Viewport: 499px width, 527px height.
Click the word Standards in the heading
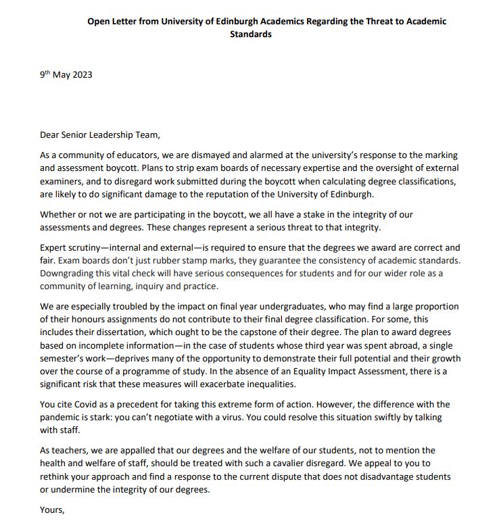click(x=251, y=34)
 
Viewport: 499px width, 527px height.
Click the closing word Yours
click(x=52, y=510)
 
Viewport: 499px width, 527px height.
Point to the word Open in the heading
click(x=99, y=22)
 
